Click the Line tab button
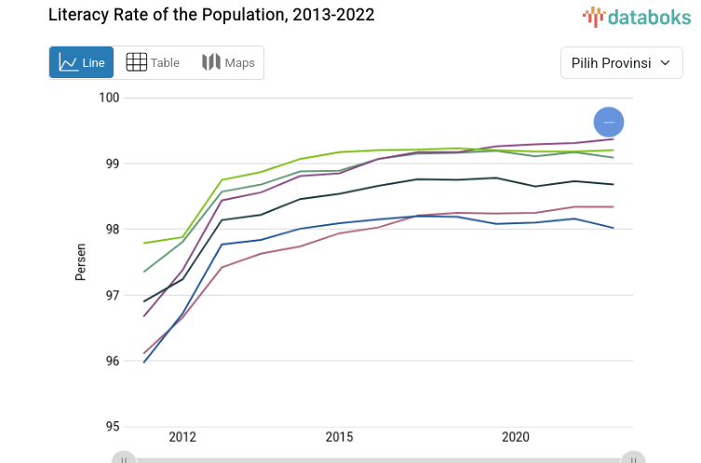81,62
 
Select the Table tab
154,62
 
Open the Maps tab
228,62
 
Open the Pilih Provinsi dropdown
621,63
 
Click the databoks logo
637,16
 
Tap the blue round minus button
609,122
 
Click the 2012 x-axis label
182,437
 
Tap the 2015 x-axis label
340,437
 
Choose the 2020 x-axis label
516,437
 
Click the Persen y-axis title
81,262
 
